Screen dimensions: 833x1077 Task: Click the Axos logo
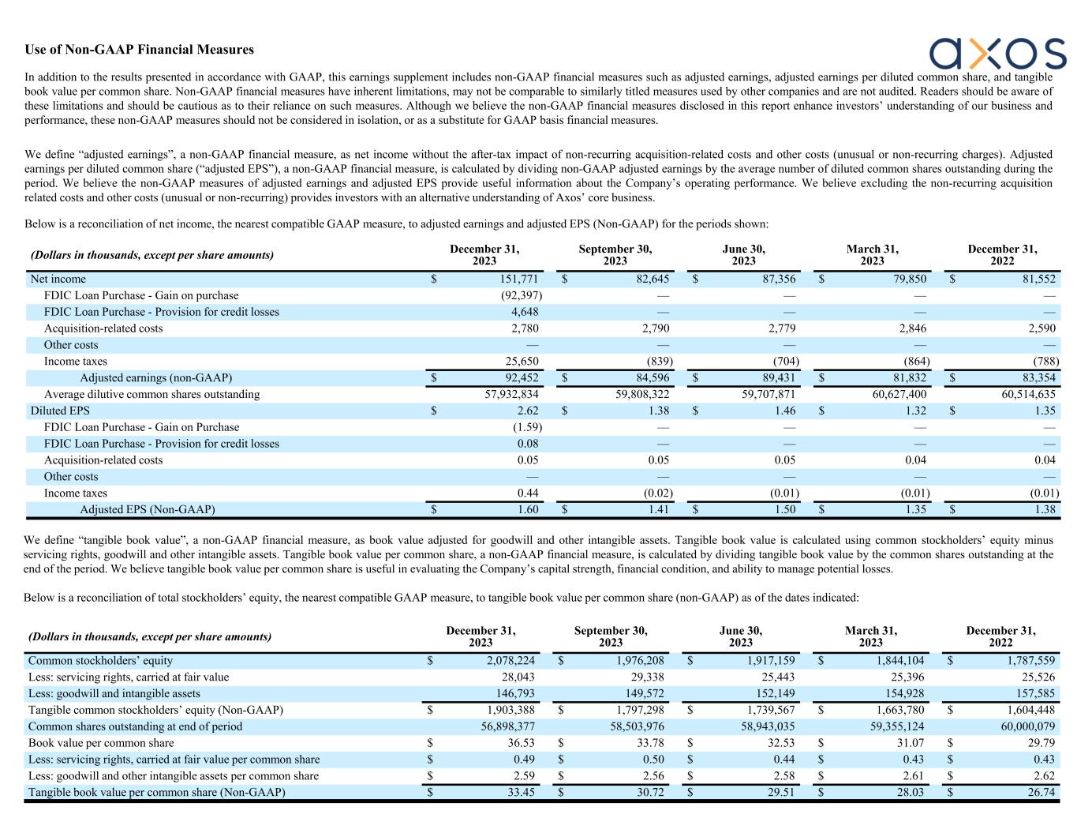997,53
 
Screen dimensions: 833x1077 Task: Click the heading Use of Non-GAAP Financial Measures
140,50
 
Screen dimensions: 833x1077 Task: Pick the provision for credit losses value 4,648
525,312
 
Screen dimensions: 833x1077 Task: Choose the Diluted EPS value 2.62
527,411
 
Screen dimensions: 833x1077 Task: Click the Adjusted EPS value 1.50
784,509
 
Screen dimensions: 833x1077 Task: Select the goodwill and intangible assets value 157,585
1034,693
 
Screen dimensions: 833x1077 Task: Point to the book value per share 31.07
910,743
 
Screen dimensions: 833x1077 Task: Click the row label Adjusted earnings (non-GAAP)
156,377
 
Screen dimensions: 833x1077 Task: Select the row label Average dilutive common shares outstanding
151,394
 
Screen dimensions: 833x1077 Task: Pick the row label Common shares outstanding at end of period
136,726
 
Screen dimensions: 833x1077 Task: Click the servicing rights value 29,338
644,677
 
